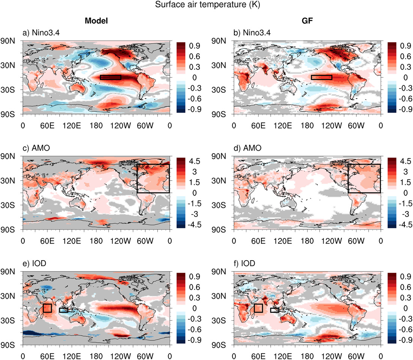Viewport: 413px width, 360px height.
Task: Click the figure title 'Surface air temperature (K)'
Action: pyautogui.click(x=206, y=6)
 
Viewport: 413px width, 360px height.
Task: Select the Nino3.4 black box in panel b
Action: pyautogui.click(x=321, y=77)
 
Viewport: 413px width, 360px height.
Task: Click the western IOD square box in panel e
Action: pyautogui.click(x=47, y=308)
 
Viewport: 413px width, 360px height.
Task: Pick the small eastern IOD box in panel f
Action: pyautogui.click(x=274, y=310)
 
